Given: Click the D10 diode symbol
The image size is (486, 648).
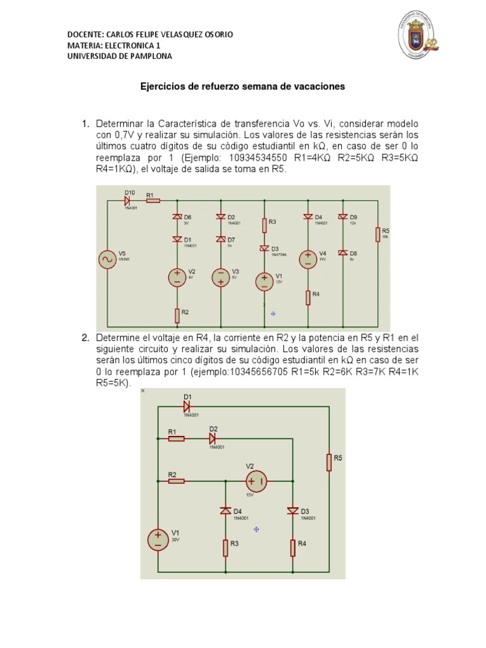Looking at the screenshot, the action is [129, 201].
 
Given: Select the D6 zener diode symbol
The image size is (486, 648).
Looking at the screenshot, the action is [178, 217].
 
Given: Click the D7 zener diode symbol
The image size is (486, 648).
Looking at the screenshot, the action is [221, 239].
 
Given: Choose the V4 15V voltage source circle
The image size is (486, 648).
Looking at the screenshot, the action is [308, 259].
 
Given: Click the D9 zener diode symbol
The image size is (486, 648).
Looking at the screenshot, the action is [343, 217].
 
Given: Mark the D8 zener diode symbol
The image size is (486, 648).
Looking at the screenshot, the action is [343, 252].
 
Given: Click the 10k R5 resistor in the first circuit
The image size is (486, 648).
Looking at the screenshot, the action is [377, 235].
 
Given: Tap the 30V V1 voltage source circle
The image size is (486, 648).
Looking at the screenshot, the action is [158, 538].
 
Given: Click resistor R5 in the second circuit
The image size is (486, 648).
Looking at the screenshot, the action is [329, 461].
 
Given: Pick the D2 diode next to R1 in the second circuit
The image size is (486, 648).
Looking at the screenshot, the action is [213, 438].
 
